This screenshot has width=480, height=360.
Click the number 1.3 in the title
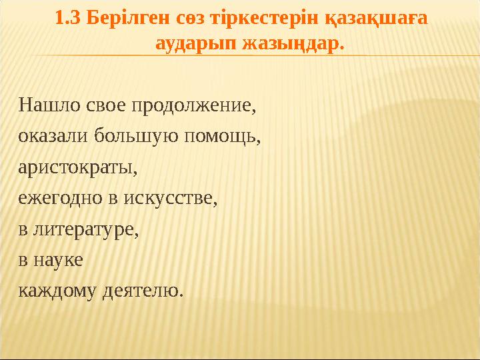[66, 20]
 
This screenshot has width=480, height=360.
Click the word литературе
[86, 229]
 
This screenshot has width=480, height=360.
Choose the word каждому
[56, 291]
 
